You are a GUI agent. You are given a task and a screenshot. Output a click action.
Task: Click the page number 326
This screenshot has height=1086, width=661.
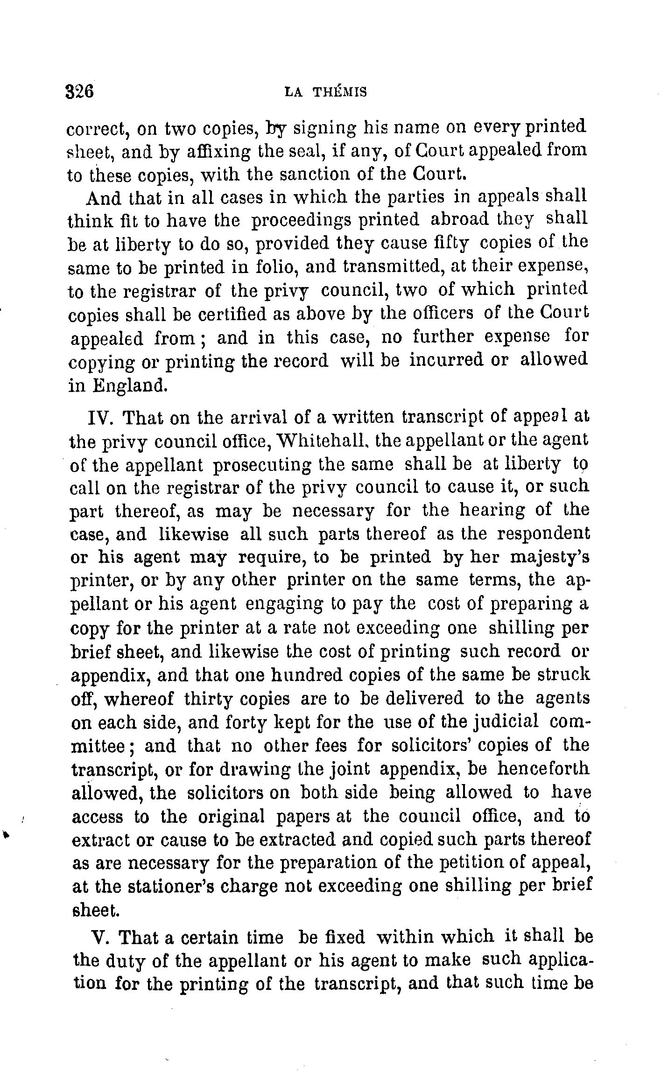tap(80, 91)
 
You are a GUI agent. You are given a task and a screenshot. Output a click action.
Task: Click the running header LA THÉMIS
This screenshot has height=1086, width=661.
tap(325, 92)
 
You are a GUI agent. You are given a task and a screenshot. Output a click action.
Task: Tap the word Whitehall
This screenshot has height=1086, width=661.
tap(317, 440)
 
